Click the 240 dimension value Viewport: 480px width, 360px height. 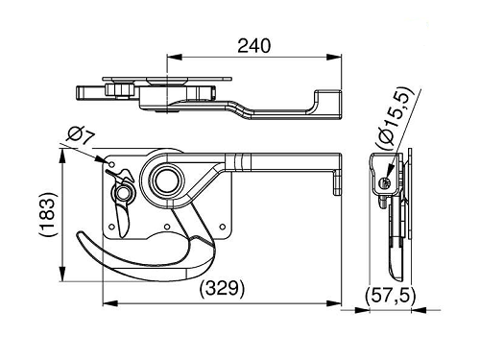tap(253, 46)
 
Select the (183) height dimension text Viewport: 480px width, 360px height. tap(48, 214)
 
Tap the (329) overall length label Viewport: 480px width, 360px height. tap(222, 288)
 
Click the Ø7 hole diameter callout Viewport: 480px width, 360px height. tap(82, 136)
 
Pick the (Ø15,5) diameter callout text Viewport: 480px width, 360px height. tap(396, 118)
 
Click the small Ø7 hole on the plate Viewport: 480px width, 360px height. tap(111, 164)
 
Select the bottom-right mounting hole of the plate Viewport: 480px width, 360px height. tap(223, 227)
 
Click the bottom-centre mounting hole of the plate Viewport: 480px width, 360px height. tap(167, 227)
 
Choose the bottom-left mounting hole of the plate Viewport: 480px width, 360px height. tap(111, 227)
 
